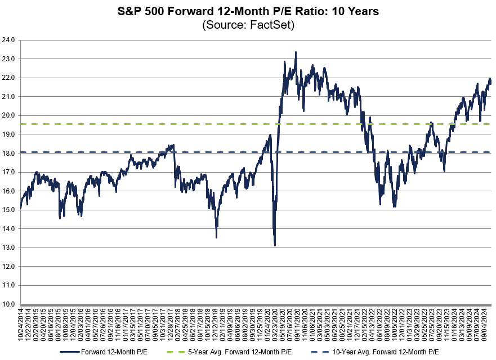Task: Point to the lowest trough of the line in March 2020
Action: click(x=274, y=245)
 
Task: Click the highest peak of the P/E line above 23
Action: click(x=296, y=52)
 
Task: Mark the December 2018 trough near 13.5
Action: click(x=216, y=237)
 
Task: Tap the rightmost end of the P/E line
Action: click(x=491, y=82)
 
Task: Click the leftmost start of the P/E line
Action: click(x=21, y=208)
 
